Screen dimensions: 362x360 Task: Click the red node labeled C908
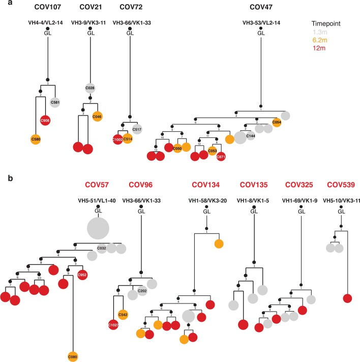point(45,121)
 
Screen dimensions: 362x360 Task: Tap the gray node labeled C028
point(89,88)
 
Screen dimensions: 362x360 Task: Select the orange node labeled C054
point(277,122)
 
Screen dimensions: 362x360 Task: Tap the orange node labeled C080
point(73,356)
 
